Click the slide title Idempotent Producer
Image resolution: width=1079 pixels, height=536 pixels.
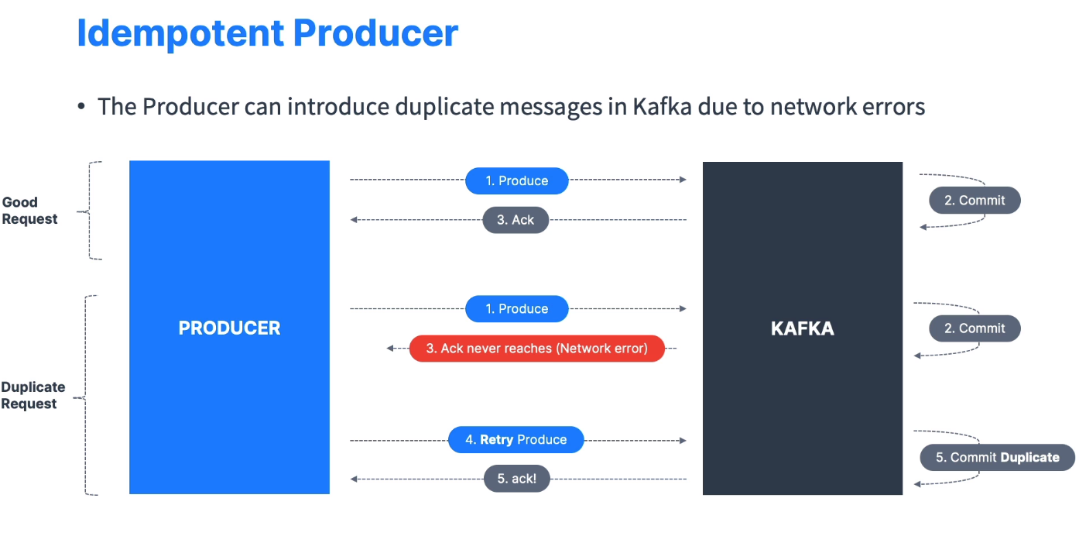(x=267, y=33)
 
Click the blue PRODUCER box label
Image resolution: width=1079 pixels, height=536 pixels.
(x=229, y=328)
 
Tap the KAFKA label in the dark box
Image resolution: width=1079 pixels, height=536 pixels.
(x=802, y=328)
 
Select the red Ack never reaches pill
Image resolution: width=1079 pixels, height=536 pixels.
(x=536, y=349)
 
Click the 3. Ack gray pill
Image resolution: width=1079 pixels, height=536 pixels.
(x=516, y=220)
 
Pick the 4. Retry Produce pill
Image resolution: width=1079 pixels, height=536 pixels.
(x=516, y=440)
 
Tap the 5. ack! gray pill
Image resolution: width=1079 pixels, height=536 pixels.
(x=516, y=479)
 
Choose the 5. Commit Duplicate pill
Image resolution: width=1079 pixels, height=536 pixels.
(x=997, y=457)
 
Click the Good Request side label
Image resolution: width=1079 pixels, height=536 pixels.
(x=29, y=211)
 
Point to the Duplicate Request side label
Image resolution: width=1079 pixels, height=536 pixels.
(x=33, y=395)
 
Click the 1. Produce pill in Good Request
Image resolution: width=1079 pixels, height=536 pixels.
(x=516, y=180)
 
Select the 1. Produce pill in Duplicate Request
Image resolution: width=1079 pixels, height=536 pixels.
(x=516, y=308)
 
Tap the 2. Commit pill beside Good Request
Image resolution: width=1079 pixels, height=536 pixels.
(x=975, y=201)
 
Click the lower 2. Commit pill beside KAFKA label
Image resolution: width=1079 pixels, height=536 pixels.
(x=975, y=328)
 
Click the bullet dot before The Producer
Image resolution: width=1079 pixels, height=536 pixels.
(x=81, y=107)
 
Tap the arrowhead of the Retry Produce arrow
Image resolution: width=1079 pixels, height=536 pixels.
(x=683, y=440)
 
